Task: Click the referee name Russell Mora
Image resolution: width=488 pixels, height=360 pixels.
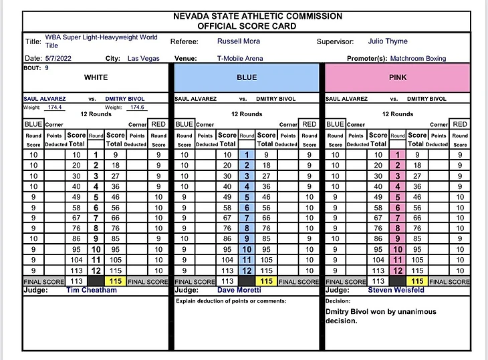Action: (x=236, y=41)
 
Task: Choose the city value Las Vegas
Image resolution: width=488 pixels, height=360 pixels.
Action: (x=144, y=59)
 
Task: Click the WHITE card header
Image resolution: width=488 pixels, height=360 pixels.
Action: (x=96, y=77)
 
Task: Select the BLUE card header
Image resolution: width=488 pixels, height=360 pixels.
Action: (x=247, y=77)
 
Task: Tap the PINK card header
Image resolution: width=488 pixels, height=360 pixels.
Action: (x=397, y=77)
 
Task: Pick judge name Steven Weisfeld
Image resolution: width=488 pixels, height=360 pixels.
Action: (x=396, y=291)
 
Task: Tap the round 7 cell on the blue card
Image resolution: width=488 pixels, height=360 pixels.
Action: (x=247, y=218)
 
